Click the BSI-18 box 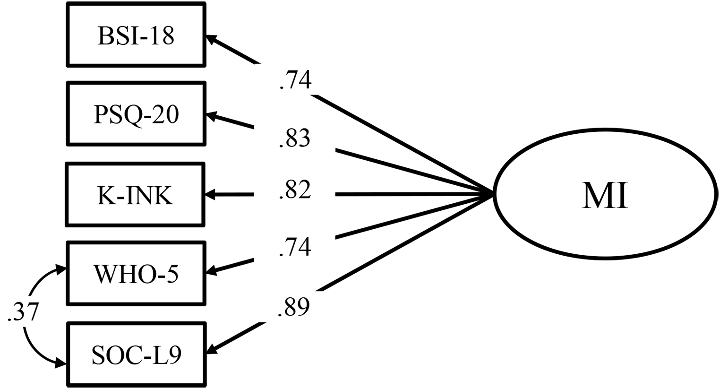coord(136,35)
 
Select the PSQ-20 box coord(136,114)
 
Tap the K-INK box coord(135,195)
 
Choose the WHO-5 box coord(136,273)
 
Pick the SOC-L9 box coord(136,354)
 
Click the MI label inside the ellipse coord(605,196)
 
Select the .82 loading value coord(295,190)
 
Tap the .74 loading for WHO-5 coord(295,247)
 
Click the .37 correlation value coord(23,311)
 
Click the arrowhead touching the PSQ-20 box coord(212,116)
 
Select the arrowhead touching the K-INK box coord(211,195)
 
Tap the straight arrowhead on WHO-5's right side coord(212,270)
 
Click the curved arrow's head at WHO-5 coord(61,269)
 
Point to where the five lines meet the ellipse coord(492,194)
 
